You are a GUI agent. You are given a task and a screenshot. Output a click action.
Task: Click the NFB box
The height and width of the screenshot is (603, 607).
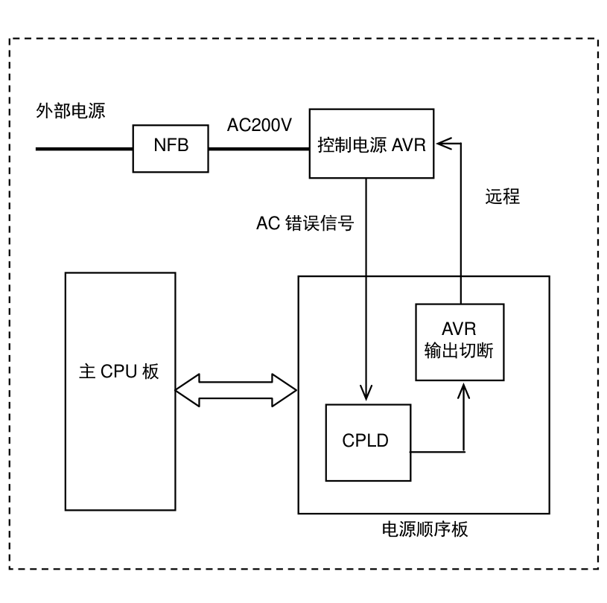171,149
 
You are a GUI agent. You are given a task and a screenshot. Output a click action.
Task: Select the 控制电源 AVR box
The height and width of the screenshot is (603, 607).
372,144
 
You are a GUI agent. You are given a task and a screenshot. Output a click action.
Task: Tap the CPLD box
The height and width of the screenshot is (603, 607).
368,443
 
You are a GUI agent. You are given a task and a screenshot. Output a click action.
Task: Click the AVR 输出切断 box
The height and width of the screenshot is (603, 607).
460,342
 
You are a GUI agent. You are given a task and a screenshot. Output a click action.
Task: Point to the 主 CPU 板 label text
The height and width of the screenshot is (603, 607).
119,371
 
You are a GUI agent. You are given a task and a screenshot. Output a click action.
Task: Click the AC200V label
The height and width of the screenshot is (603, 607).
259,125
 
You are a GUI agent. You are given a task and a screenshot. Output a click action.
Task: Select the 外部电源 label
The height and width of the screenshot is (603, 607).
71,111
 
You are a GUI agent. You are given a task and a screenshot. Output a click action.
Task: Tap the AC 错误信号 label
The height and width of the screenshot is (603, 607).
305,223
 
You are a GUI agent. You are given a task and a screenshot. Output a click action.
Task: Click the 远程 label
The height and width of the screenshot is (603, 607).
503,197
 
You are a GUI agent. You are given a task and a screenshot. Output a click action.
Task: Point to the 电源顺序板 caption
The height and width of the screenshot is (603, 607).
425,529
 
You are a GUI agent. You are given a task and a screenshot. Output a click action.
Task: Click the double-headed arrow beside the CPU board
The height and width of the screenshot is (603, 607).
236,390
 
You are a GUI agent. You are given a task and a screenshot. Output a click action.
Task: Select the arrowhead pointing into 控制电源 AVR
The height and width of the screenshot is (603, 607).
445,144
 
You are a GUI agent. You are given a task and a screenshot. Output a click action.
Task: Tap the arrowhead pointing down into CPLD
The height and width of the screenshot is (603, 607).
366,393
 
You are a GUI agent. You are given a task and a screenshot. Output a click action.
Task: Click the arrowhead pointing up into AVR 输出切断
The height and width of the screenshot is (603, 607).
463,391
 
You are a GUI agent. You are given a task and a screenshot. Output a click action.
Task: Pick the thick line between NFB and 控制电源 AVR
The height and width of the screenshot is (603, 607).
259,149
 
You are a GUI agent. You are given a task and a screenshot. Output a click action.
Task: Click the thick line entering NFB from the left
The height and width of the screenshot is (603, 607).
84,149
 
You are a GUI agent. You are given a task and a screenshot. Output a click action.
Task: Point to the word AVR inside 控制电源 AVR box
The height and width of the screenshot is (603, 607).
409,145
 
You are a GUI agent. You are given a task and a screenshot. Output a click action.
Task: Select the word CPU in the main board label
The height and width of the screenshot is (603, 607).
119,371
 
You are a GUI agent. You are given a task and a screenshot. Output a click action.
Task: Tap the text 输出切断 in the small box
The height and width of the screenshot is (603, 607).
459,351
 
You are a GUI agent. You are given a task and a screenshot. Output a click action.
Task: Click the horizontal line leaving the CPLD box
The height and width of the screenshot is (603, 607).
437,452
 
